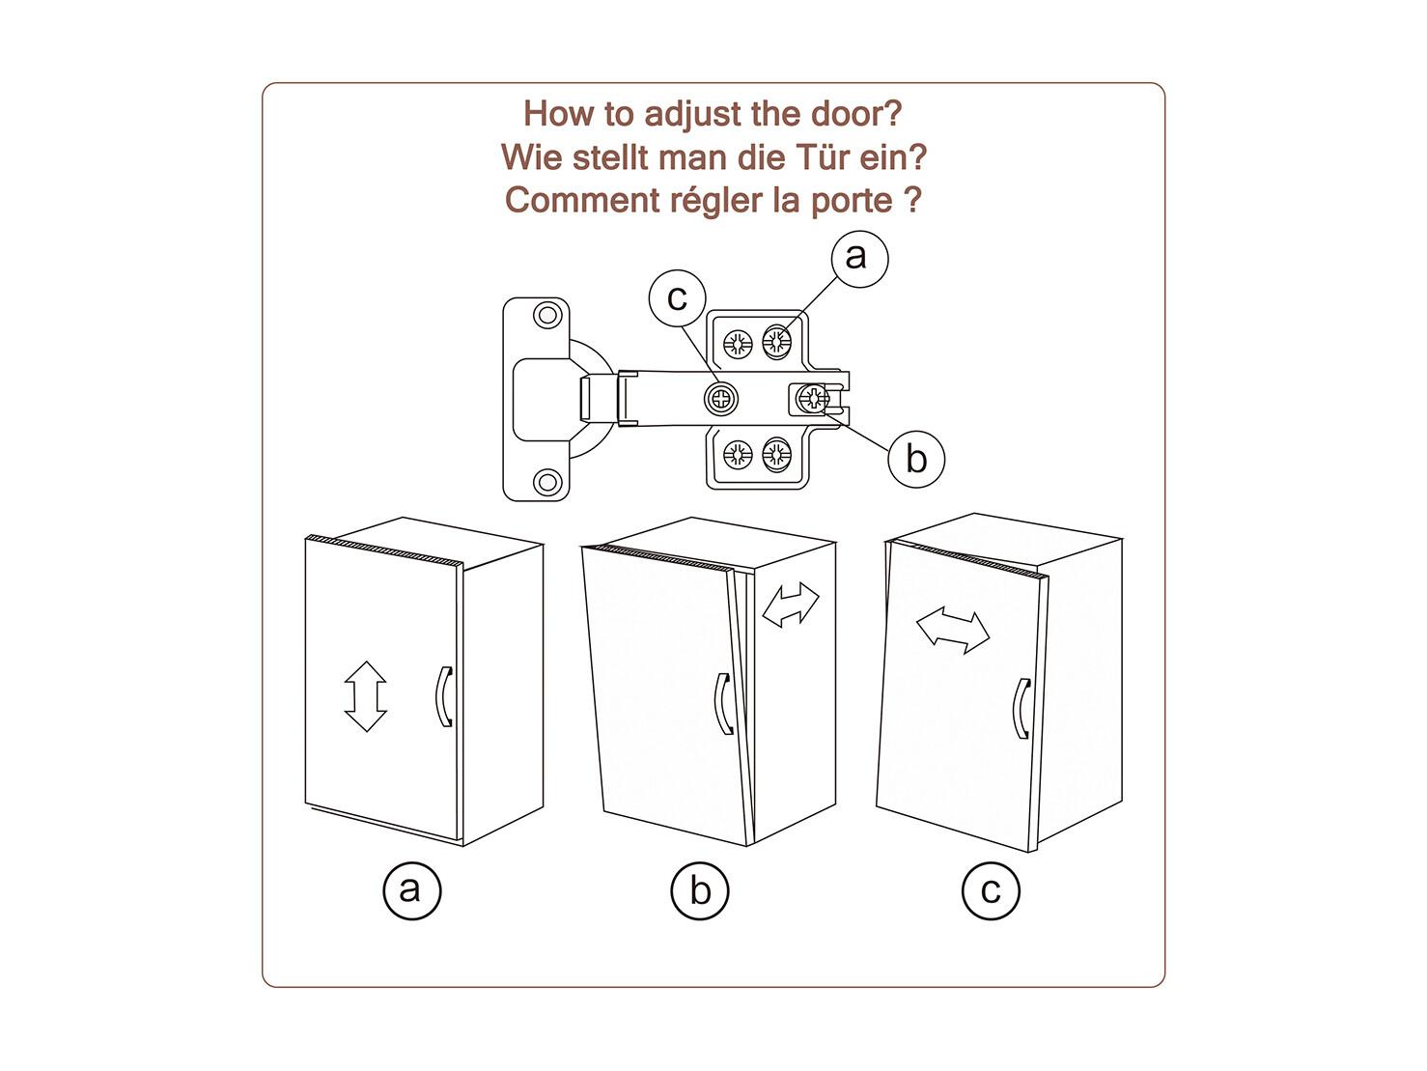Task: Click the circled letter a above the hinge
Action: click(857, 258)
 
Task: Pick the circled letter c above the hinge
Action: click(678, 297)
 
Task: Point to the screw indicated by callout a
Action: click(776, 341)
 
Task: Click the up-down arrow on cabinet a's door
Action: click(365, 695)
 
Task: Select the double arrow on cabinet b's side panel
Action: click(790, 606)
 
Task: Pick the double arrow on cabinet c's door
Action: click(953, 632)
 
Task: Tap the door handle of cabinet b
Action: click(723, 703)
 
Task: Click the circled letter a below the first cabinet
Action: click(412, 889)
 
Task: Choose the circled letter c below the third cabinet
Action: click(991, 889)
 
